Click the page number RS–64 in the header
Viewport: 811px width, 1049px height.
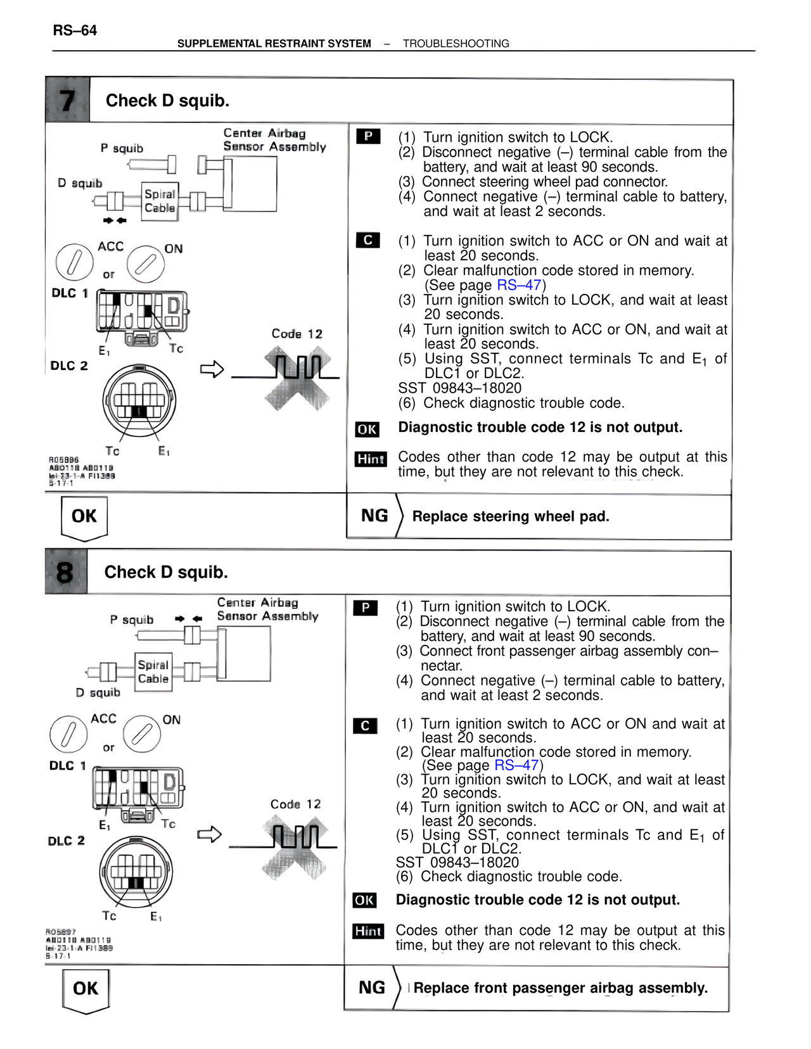[75, 30]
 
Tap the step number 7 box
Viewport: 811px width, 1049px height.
[68, 100]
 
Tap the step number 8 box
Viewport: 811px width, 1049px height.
[65, 572]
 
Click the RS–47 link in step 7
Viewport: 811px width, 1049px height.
[519, 285]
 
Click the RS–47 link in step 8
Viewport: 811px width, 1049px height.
[516, 765]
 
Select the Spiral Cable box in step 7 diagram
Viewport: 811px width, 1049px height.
[160, 201]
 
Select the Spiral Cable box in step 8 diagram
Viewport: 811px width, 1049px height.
[153, 672]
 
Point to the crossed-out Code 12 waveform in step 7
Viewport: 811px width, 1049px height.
[298, 379]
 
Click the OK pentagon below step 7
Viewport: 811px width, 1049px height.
[84, 518]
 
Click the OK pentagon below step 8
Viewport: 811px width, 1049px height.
[86, 989]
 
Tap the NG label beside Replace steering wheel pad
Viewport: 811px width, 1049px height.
[374, 516]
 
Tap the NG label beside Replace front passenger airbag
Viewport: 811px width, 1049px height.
[372, 988]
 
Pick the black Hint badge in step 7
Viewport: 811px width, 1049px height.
[371, 459]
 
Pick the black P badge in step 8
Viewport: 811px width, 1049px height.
[366, 608]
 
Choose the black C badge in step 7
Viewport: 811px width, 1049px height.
[368, 241]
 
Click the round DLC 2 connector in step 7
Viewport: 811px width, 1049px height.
[139, 401]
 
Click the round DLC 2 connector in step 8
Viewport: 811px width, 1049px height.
[136, 872]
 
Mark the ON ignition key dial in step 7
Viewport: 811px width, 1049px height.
[146, 264]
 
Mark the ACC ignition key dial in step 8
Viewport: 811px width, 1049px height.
[68, 734]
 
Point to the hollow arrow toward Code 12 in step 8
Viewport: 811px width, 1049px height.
[209, 834]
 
